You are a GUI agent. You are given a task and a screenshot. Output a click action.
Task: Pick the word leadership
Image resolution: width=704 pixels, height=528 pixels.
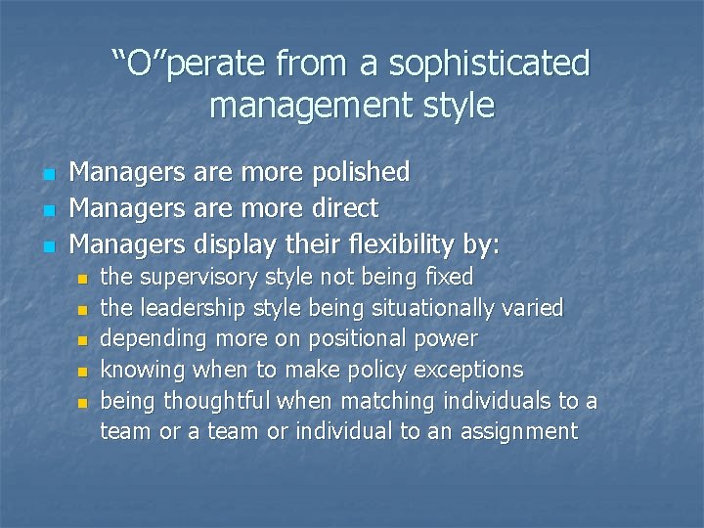(192, 308)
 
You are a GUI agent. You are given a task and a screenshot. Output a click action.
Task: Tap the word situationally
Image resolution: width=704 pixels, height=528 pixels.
(436, 308)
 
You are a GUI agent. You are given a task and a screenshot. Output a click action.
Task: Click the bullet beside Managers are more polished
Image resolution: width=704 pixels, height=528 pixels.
(47, 175)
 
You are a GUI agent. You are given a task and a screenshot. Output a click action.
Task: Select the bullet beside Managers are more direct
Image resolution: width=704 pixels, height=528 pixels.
(47, 209)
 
